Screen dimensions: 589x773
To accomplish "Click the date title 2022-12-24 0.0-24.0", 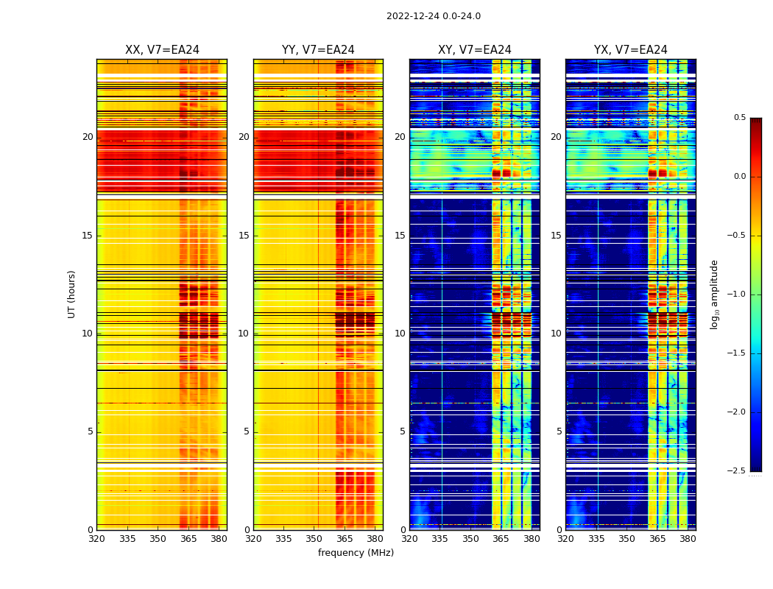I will tap(433, 16).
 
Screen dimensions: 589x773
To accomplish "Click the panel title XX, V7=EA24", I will tap(162, 50).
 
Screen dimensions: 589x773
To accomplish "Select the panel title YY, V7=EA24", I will tap(318, 50).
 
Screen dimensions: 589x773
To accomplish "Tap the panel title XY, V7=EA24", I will tap(474, 50).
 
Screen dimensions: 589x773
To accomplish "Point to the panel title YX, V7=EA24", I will tap(630, 50).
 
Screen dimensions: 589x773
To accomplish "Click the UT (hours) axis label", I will tap(71, 294).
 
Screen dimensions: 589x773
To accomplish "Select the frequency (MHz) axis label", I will tap(356, 553).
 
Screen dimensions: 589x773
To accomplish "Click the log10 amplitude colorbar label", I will tap(713, 294).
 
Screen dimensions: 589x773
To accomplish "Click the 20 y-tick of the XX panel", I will tap(88, 137).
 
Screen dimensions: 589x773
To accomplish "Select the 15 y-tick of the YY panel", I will tap(244, 236).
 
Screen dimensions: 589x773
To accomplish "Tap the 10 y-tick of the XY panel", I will tap(400, 334).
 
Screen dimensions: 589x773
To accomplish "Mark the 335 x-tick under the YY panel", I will tap(283, 539).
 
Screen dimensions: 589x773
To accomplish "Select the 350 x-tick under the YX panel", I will tap(626, 539).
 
